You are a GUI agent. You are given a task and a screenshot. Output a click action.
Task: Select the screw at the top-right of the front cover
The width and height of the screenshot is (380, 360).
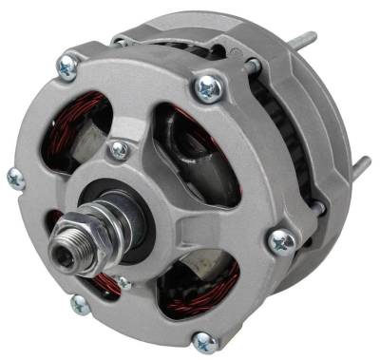pyautogui.click(x=207, y=88)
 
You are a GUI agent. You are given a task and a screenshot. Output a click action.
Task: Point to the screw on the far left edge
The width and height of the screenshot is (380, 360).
pyautogui.click(x=16, y=178)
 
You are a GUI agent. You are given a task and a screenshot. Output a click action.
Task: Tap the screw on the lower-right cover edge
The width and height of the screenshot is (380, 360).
pyautogui.click(x=281, y=242)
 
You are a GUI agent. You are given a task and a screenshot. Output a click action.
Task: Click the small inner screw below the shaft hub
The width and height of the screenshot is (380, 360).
pyautogui.click(x=123, y=282)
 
